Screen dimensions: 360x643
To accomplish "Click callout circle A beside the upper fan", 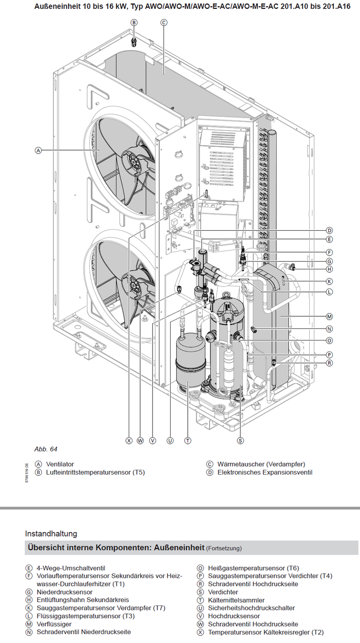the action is (x=38, y=151).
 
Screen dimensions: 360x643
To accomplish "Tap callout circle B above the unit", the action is (x=134, y=23).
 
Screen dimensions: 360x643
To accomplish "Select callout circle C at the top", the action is (x=163, y=23).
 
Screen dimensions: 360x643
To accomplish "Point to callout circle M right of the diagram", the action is (x=329, y=316).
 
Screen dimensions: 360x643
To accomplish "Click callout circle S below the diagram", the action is (x=241, y=440).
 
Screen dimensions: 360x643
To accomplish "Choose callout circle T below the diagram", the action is (x=187, y=440).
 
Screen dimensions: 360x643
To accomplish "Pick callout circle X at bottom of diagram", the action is (x=129, y=440).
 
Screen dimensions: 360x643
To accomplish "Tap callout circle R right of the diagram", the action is (x=329, y=363).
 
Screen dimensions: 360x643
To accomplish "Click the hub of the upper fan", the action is (x=134, y=161).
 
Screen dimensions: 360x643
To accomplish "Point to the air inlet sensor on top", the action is (x=133, y=42).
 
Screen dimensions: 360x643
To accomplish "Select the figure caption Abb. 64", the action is (x=45, y=449).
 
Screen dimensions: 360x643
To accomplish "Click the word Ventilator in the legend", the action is (x=60, y=464).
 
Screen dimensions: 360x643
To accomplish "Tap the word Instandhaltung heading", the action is (x=51, y=534).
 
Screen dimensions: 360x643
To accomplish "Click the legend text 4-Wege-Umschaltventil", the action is (x=71, y=568).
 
